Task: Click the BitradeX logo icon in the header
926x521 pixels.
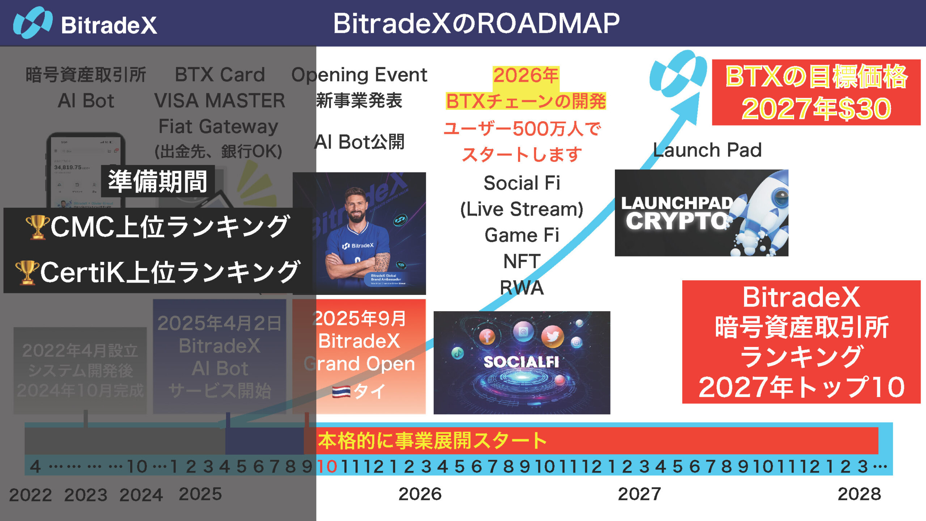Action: click(33, 23)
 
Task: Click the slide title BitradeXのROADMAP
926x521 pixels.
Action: click(476, 24)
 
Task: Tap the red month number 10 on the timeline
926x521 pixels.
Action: click(327, 467)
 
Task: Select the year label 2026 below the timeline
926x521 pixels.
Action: click(420, 494)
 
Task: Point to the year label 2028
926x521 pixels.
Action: click(859, 494)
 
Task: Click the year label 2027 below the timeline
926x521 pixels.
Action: click(640, 494)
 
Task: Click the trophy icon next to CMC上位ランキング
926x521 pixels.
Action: click(37, 227)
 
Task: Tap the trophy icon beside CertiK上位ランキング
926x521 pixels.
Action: click(27, 272)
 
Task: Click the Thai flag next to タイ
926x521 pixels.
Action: click(341, 392)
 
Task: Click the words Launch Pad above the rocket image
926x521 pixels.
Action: click(707, 150)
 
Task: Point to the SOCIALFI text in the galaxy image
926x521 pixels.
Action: click(521, 362)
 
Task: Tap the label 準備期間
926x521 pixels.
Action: click(158, 181)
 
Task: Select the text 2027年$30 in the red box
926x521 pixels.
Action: click(816, 109)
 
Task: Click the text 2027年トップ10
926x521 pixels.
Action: click(801, 387)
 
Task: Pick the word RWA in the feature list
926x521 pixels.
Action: click(522, 288)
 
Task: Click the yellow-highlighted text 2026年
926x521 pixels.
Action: click(526, 76)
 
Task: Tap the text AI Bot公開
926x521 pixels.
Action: click(359, 142)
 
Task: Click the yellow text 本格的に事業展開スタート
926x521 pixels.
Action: click(432, 440)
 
